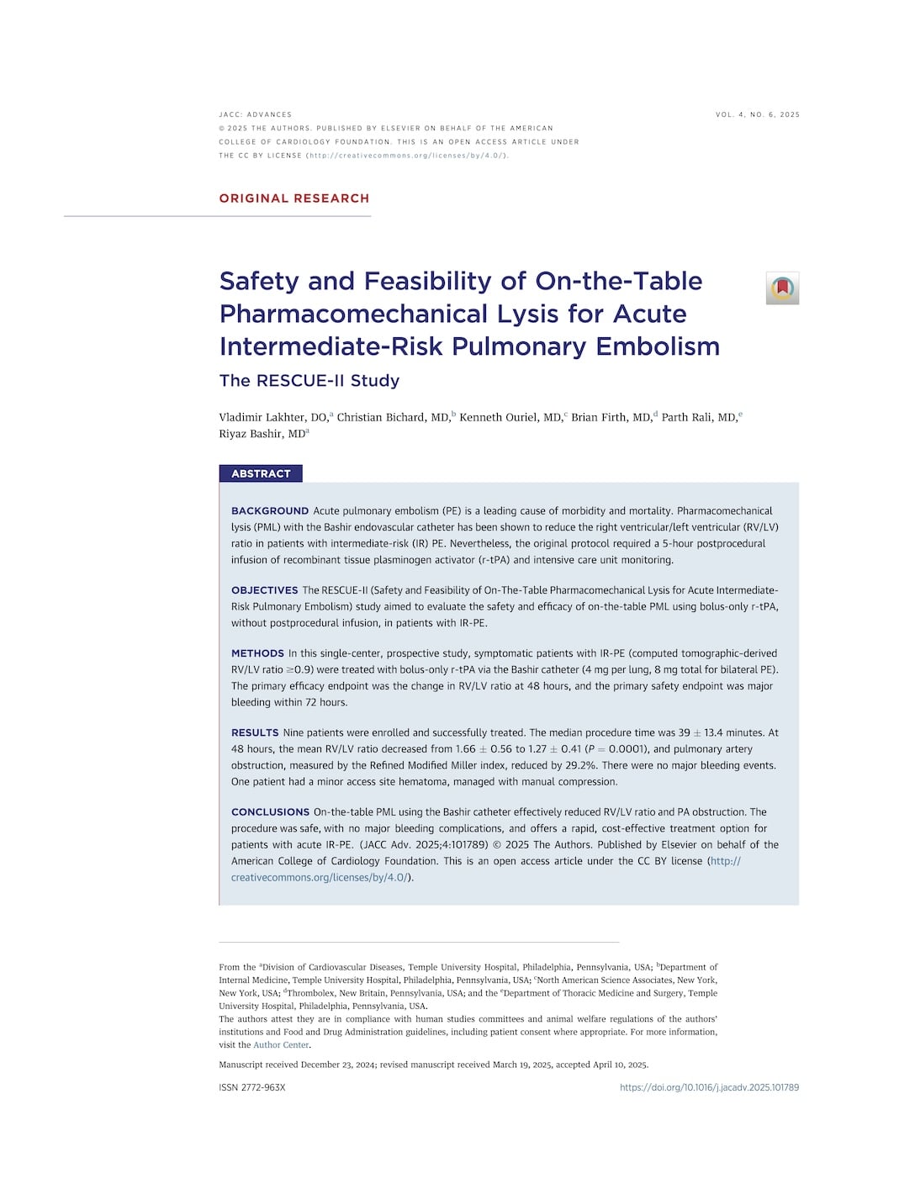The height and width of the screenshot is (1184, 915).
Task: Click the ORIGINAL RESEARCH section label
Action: point(294,198)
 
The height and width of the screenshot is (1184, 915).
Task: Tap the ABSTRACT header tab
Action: point(261,473)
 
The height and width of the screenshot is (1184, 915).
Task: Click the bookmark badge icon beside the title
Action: point(782,288)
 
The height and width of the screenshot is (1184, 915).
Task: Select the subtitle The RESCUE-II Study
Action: point(309,380)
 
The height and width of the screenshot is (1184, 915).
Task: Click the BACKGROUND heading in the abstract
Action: point(270,510)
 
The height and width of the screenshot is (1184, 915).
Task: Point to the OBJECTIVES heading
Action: point(264,590)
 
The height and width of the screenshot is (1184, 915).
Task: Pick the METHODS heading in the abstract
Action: point(257,653)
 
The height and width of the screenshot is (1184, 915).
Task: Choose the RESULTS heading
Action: point(255,732)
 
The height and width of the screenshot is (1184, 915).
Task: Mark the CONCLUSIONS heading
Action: point(270,812)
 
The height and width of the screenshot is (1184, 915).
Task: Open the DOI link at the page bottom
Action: point(709,1087)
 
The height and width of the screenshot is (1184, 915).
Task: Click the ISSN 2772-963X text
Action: point(252,1087)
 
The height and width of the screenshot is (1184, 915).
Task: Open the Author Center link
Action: point(281,1045)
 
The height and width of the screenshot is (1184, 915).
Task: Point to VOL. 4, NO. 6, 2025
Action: point(757,114)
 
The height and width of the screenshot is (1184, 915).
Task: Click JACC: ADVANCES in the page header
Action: point(255,114)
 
